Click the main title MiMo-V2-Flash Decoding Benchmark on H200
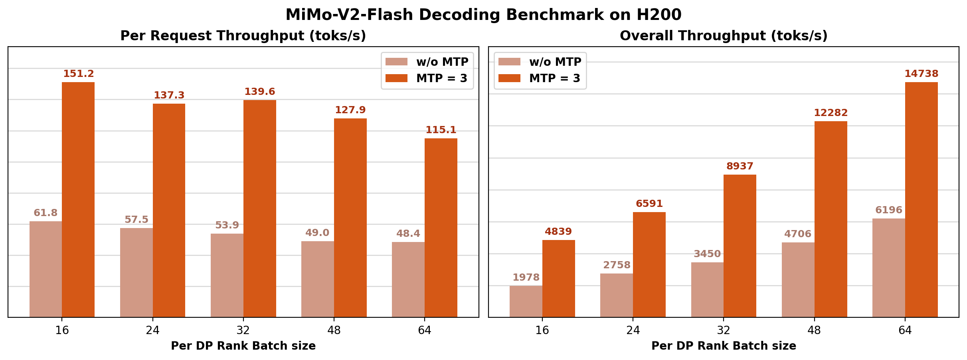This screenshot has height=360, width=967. [x=483, y=15]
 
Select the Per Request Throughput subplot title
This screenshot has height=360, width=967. [x=243, y=36]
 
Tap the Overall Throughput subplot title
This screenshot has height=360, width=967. [x=724, y=36]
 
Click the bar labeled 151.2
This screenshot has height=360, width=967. [x=78, y=199]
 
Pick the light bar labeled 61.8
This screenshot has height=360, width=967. [x=45, y=269]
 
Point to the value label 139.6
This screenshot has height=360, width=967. [x=259, y=92]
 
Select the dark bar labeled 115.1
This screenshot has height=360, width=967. [x=441, y=227]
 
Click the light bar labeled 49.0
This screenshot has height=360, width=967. [x=317, y=279]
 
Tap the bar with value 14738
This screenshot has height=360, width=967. [x=921, y=199]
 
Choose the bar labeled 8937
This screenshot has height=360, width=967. [x=740, y=246]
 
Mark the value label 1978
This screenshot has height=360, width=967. [x=526, y=277]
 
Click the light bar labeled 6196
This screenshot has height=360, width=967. [x=888, y=268]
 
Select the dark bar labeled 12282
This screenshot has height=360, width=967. [x=831, y=219]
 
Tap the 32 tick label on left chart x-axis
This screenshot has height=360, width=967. [x=243, y=330]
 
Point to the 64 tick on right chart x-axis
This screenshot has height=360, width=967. [x=905, y=330]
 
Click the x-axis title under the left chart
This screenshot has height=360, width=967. [x=243, y=346]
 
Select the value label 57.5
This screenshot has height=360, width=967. [x=136, y=220]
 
